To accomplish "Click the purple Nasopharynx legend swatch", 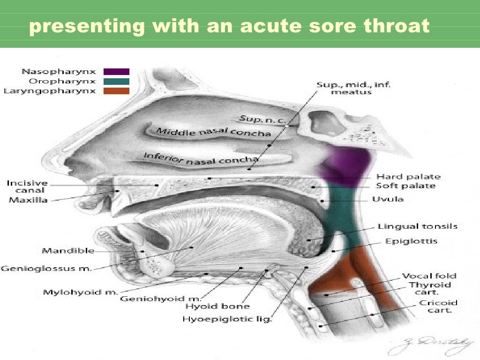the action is point(116,72).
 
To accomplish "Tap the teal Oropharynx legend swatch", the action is point(116,81).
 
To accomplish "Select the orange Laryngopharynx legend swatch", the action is point(116,91).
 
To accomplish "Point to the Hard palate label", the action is point(408,177).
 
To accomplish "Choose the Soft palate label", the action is point(405,186).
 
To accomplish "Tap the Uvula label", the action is point(388,199).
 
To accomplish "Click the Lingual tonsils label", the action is point(417,227).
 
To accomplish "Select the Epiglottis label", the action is point(411,241).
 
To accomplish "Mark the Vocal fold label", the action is point(429,276).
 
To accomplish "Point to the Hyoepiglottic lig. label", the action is point(227,320).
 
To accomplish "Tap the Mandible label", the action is point(68,251).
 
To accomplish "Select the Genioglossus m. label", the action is point(46,269).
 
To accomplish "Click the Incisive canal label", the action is point(27,187).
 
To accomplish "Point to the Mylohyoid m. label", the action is point(80,292).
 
